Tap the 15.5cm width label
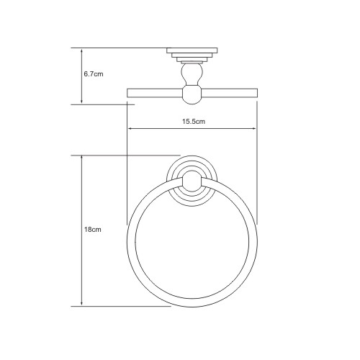(194, 122)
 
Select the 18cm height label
(91, 230)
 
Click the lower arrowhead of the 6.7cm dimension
(81, 102)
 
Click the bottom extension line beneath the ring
(122, 306)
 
